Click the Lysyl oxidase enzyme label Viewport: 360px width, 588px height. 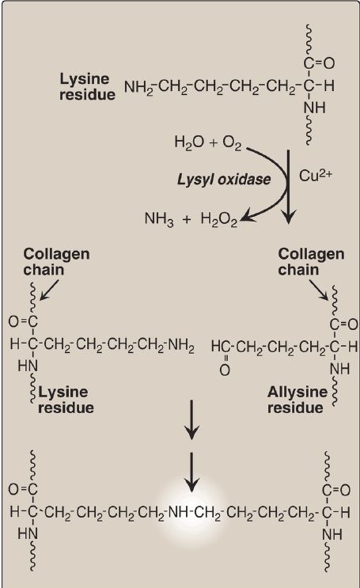click(x=224, y=180)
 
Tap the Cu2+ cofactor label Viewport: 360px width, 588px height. click(x=316, y=175)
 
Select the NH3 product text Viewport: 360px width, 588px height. click(x=159, y=218)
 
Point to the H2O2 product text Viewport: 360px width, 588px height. click(x=219, y=219)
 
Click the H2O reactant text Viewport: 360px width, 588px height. click(x=189, y=142)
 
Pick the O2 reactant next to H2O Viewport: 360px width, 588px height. click(x=232, y=143)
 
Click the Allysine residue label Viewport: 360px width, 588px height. click(x=297, y=400)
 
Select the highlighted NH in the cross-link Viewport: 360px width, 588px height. click(x=178, y=511)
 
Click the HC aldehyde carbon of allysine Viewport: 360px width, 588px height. click(x=219, y=346)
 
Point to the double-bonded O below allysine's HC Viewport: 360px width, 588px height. click(x=225, y=370)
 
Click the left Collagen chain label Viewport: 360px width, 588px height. click(x=56, y=262)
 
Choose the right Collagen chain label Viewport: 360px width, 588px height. click(x=311, y=262)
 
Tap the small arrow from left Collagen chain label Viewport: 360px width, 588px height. click(x=49, y=290)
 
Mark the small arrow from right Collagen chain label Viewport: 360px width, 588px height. click(x=319, y=290)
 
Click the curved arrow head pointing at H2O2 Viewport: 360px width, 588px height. click(x=247, y=218)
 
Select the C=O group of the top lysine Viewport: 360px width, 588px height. click(x=319, y=63)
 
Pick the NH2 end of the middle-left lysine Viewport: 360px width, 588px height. click(x=181, y=346)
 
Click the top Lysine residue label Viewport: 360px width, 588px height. click(x=87, y=86)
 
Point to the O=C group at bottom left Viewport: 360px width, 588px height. click(x=23, y=489)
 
